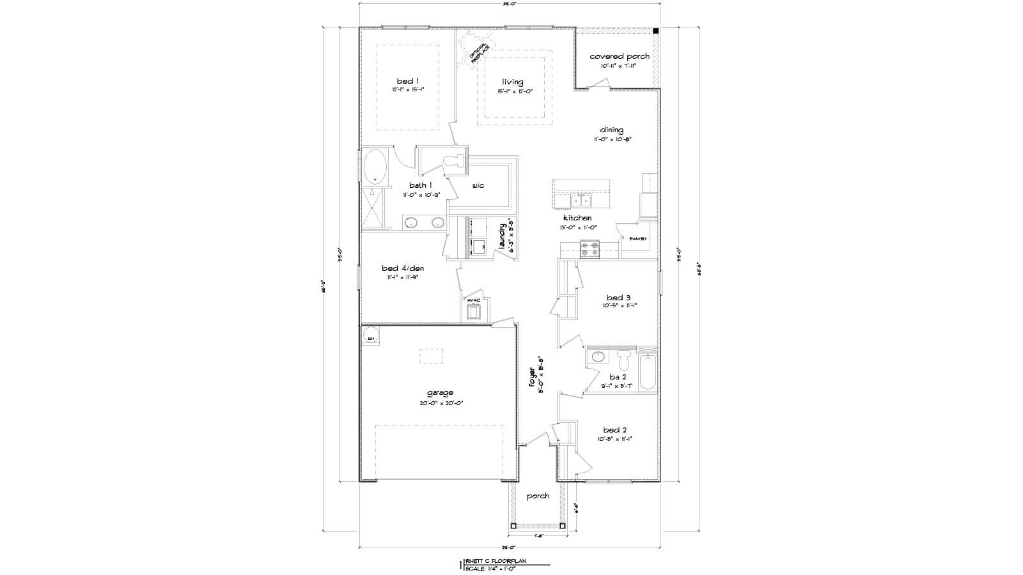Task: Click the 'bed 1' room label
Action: (x=408, y=81)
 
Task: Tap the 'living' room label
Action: (x=513, y=82)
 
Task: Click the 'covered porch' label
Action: (x=619, y=56)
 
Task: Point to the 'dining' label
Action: (x=611, y=130)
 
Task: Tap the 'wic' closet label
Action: (x=478, y=185)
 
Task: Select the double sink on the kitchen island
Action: (x=582, y=202)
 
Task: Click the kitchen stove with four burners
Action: (x=589, y=249)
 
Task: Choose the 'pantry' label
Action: (x=638, y=239)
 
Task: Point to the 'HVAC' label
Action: (x=474, y=300)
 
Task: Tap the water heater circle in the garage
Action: (x=370, y=337)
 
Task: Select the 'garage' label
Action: (x=441, y=393)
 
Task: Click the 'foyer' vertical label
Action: (x=531, y=377)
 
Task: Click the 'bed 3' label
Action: (x=619, y=297)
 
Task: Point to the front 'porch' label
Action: (x=538, y=496)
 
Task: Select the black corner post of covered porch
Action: (x=656, y=31)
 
